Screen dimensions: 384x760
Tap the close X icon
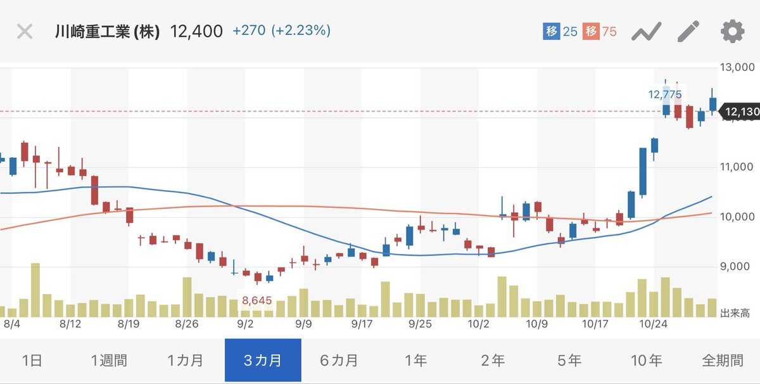[x=25, y=31]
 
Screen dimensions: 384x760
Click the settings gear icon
[x=732, y=31]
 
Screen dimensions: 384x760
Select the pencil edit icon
[x=688, y=31]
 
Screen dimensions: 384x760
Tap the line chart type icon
[x=646, y=31]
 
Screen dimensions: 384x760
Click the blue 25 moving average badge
[x=560, y=31]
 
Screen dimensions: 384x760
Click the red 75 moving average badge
[x=600, y=31]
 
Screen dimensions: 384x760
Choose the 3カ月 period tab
[x=263, y=361]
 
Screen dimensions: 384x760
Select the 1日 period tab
[x=32, y=361]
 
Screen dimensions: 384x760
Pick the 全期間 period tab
[x=722, y=361]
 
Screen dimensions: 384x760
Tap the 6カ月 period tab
[x=339, y=361]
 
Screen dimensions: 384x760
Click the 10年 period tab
[x=646, y=361]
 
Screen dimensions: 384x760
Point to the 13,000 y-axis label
[x=738, y=67]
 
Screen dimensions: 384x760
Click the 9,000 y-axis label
[x=738, y=267]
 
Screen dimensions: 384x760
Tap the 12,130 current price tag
[x=742, y=112]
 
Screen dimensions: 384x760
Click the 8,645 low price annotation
[x=257, y=300]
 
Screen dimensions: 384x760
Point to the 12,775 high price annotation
[x=665, y=94]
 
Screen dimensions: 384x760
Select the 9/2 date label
[x=245, y=324]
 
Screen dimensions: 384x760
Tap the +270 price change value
[x=248, y=30]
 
